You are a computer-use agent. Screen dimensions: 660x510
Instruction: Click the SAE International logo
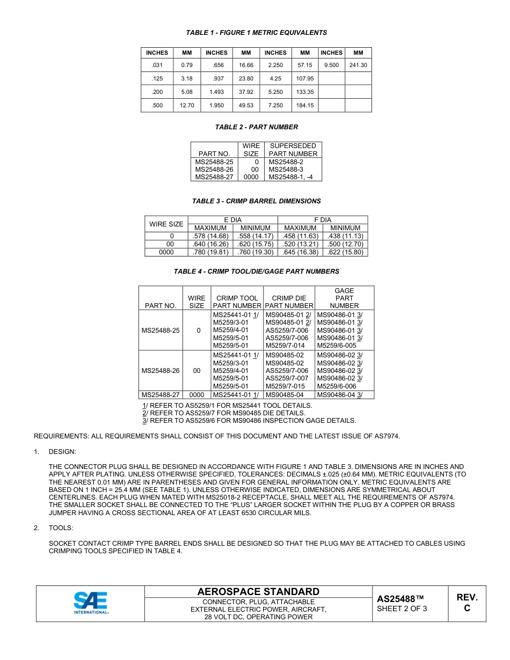click(x=91, y=603)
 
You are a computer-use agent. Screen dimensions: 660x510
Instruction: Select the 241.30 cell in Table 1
click(x=358, y=65)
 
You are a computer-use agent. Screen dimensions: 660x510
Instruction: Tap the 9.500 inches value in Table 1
click(x=331, y=65)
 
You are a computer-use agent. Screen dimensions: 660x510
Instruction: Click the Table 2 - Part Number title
click(x=256, y=127)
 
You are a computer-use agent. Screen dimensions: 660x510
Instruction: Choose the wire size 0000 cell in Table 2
click(x=251, y=177)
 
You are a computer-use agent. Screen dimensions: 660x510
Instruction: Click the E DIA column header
click(x=232, y=219)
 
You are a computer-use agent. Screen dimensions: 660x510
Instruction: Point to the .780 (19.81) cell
click(x=210, y=252)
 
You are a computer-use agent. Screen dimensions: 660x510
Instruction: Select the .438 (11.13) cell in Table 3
click(x=345, y=236)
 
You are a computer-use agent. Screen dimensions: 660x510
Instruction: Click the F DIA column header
click(x=323, y=219)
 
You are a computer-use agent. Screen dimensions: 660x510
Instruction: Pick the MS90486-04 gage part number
click(x=340, y=394)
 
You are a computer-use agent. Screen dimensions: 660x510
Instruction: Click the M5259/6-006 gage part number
click(x=337, y=386)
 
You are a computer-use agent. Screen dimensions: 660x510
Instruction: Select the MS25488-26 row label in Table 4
click(x=161, y=371)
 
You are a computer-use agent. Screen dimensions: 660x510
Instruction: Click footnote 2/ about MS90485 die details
click(x=223, y=413)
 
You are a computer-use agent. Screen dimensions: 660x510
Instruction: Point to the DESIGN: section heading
click(x=62, y=452)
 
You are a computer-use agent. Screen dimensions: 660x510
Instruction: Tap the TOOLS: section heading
click(x=61, y=528)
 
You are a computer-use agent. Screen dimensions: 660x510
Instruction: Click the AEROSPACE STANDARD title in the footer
click(x=258, y=592)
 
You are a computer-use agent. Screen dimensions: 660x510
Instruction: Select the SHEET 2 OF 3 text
click(x=402, y=608)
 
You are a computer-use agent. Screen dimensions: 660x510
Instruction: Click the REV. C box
click(x=467, y=603)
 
